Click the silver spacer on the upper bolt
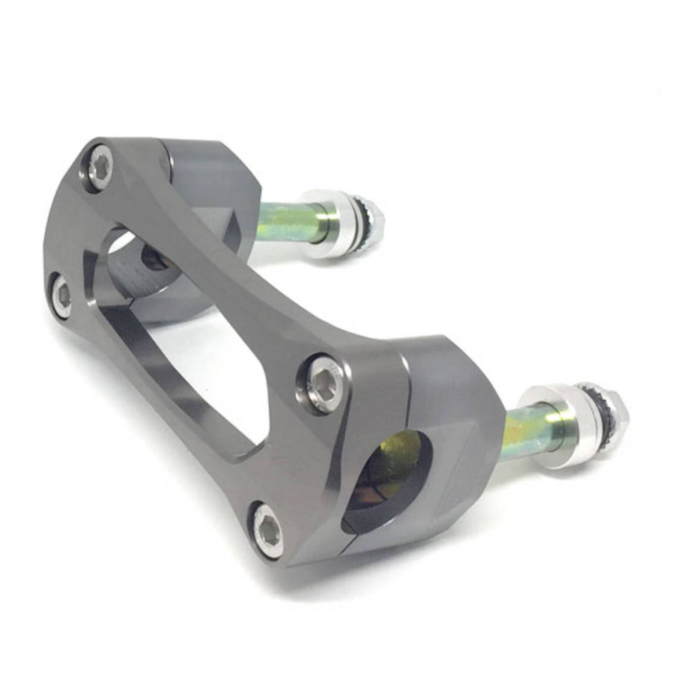point(328,224)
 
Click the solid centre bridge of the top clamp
point(244,283)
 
